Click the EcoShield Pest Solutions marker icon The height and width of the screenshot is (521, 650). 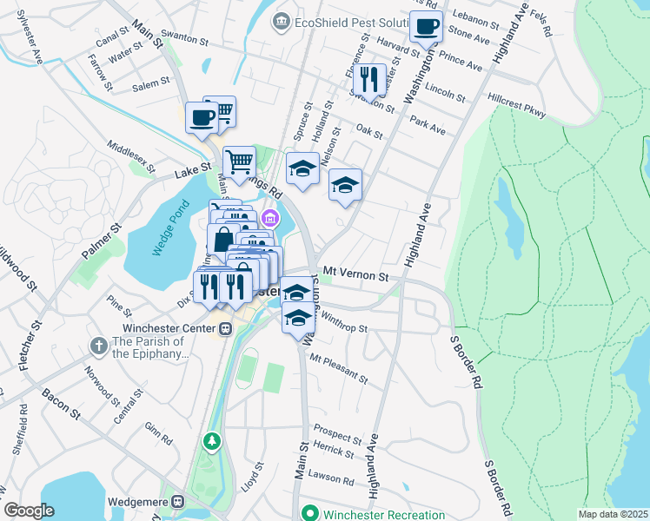(282, 20)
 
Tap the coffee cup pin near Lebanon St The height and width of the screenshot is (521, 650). (426, 27)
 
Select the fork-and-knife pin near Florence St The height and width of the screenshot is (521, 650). (369, 81)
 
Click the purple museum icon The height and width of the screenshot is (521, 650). (270, 218)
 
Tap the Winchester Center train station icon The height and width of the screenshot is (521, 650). (225, 328)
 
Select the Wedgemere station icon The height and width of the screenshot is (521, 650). (178, 502)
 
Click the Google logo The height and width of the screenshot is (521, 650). (29, 511)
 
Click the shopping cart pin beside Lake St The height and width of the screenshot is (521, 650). (239, 162)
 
